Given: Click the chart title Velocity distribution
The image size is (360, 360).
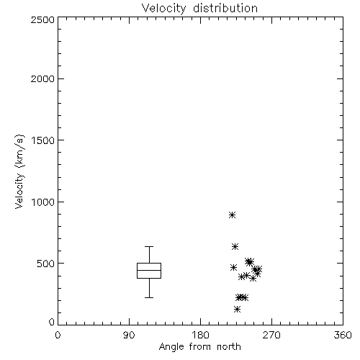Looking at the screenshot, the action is [199, 8].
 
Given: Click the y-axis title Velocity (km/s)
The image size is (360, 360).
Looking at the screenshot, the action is [19, 171].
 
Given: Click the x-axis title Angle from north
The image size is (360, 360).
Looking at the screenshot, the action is [199, 347].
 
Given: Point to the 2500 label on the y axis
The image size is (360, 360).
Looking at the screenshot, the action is [42, 19].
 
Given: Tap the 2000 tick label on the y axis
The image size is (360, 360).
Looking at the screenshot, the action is [42, 78].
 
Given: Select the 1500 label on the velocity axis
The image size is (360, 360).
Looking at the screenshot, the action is [43, 140].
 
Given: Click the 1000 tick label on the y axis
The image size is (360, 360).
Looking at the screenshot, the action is [43, 202].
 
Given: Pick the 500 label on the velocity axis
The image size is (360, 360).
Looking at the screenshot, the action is [46, 264].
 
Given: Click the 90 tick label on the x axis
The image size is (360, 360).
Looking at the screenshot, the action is [129, 335].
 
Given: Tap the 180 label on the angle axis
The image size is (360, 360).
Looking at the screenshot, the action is [200, 335].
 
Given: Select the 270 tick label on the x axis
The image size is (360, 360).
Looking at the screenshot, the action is [271, 335].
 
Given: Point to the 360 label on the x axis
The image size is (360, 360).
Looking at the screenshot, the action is [343, 335].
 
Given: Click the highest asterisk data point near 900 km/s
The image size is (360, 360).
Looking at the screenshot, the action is [232, 215].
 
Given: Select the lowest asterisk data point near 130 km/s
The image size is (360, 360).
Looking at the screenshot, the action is [237, 309].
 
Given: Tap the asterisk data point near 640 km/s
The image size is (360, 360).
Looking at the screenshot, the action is [235, 246].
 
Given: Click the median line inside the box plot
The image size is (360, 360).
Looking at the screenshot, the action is [149, 270].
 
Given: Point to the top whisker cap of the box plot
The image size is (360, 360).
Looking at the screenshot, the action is [149, 246].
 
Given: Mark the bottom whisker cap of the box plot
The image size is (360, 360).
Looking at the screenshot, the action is [149, 297].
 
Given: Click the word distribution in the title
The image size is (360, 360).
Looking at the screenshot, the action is [225, 8].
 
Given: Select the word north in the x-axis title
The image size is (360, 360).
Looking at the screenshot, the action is [229, 347].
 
